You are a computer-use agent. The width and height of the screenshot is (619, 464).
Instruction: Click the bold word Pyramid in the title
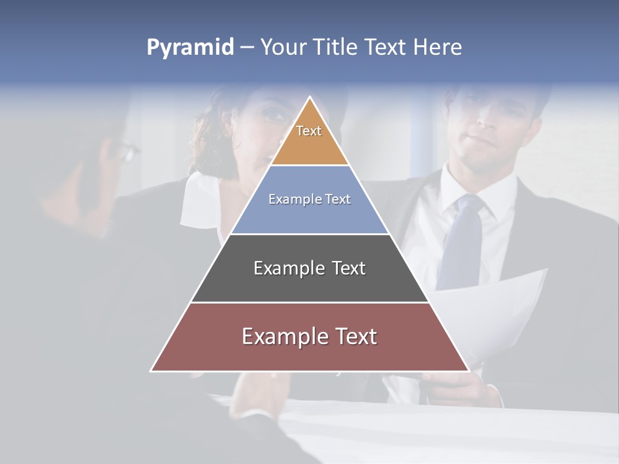190,47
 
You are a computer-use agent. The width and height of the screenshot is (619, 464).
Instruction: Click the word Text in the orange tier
309,131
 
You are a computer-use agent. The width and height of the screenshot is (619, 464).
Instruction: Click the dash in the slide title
246,48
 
